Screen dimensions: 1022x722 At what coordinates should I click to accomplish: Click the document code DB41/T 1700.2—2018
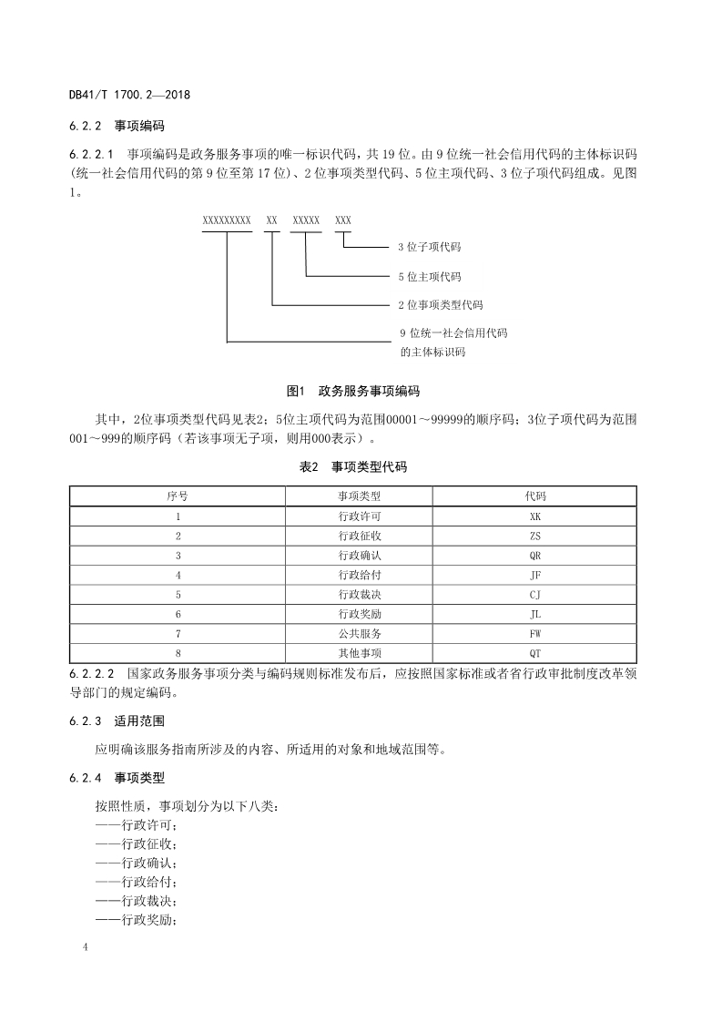[x=128, y=95]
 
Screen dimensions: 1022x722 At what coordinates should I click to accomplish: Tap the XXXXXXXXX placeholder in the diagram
[x=227, y=221]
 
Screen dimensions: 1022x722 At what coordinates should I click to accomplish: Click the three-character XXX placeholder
[x=343, y=221]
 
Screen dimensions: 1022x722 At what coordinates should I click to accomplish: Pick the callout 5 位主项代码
[x=430, y=276]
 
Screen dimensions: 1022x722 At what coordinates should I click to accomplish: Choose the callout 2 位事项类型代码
[x=441, y=304]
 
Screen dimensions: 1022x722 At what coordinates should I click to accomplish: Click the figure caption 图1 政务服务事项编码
[x=352, y=392]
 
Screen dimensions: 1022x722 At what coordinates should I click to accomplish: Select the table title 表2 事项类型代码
[x=353, y=467]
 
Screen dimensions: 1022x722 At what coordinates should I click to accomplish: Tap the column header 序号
[x=178, y=496]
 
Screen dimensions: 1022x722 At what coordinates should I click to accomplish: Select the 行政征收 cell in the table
[x=359, y=536]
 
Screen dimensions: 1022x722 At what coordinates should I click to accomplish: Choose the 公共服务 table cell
[x=359, y=633]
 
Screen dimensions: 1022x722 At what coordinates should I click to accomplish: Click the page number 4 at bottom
[x=85, y=949]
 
